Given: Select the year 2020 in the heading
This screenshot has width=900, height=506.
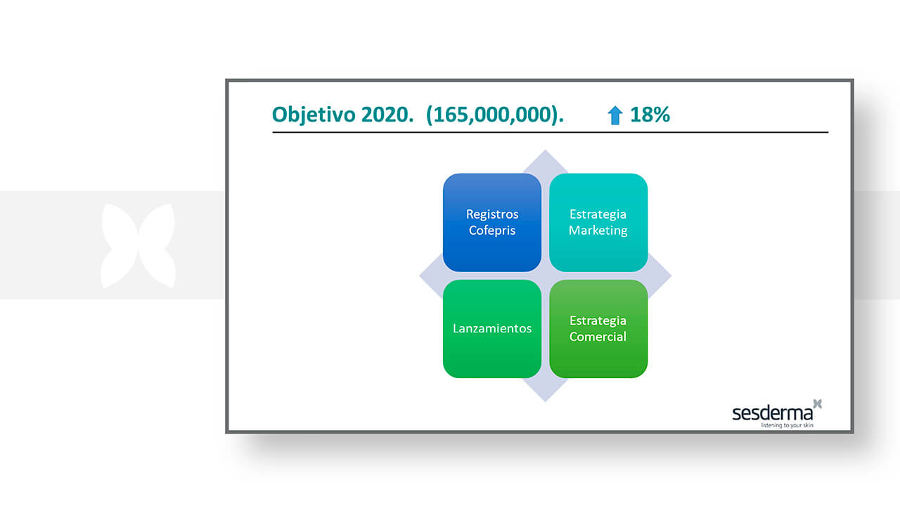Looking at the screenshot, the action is coord(387,115).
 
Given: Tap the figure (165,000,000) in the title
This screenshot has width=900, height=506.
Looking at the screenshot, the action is coord(494,115).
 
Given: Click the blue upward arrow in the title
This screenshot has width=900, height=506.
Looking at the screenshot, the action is coord(615,115).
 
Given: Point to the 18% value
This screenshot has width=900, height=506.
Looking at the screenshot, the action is coord(650,115).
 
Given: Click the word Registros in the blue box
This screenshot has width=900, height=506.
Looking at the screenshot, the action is coord(492,214).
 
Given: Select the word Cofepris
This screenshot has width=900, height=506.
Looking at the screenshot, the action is coord(492,231).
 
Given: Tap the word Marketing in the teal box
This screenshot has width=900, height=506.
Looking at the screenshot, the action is coord(598,231).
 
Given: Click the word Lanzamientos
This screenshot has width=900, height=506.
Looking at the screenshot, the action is coord(492,328).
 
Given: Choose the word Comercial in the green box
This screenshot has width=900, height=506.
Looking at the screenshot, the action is coord(598,337).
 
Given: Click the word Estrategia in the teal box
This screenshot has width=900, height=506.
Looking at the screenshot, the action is coord(598,214).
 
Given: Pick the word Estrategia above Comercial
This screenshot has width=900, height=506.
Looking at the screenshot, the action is coord(598,321).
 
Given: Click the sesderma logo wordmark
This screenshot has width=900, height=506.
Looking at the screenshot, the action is coord(772,413).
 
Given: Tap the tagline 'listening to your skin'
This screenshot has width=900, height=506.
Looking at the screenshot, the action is coord(787,425).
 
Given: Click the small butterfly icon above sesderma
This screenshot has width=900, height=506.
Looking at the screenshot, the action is coord(818,403).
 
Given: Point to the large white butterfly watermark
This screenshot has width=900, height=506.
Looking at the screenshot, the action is coord(139,246).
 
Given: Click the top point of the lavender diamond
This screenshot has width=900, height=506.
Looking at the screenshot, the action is coord(545,150).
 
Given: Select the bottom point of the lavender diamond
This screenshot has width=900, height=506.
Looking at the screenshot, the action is coord(545,401).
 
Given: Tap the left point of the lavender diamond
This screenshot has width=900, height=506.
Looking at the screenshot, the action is coord(419,276).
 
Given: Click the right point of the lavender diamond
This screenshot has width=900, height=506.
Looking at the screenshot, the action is coord(671,276).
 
